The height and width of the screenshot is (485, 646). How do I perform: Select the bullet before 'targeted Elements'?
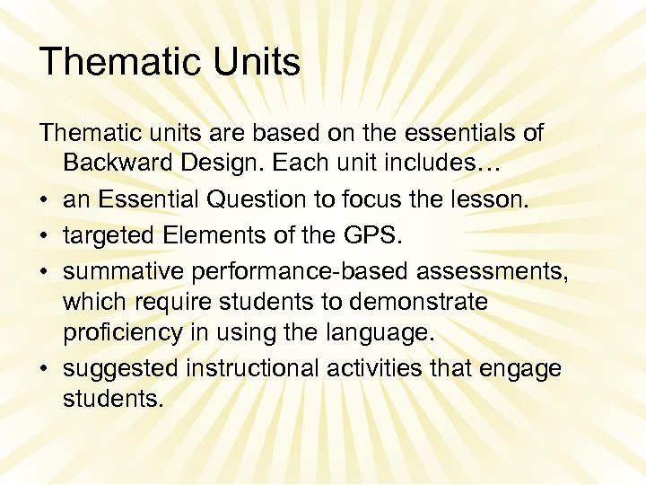point(45,234)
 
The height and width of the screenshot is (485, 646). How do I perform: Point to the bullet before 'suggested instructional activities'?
point(45,369)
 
